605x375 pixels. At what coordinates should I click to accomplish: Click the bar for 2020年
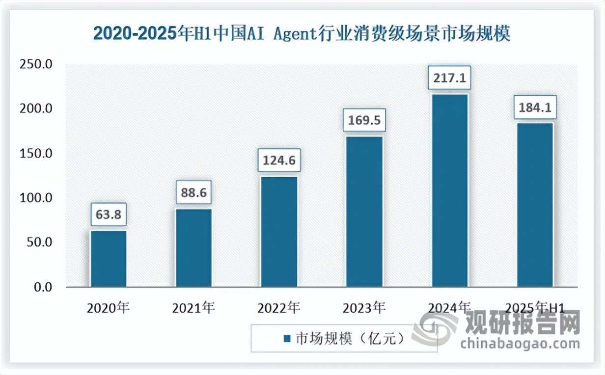[109, 259]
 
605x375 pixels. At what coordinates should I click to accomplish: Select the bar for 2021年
[193, 248]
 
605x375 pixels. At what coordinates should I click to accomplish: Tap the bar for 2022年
[279, 232]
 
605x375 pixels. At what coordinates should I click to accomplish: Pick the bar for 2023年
[364, 212]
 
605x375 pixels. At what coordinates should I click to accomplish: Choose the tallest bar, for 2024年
[450, 191]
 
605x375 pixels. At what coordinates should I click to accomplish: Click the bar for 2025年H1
[535, 205]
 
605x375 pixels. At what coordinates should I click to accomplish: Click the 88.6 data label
[193, 193]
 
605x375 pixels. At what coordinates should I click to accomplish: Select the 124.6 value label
[279, 161]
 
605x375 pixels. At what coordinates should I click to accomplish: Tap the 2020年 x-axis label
[108, 308]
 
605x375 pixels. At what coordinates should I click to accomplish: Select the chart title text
[302, 35]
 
